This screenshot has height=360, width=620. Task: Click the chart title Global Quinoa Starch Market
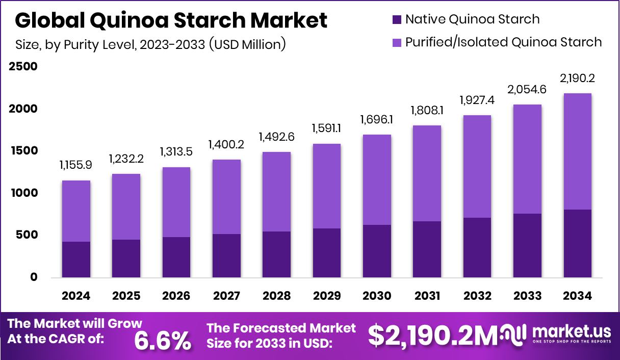coord(171,21)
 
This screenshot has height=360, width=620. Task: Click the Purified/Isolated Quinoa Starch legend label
coord(503,42)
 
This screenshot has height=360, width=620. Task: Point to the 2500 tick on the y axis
coord(23,67)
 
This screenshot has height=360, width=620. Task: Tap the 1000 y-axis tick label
coord(23,193)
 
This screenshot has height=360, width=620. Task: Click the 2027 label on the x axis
coord(226,296)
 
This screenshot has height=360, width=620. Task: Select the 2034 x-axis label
coord(577,296)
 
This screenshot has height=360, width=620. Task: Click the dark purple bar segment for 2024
coord(76,260)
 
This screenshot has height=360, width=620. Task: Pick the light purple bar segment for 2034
coord(577,151)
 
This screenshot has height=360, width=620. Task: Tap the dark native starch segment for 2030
coord(377,251)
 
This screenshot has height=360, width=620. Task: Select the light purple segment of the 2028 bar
coord(277,192)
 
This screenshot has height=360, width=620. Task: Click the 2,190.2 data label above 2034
coord(577,79)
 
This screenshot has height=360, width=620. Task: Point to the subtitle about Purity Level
coord(150,44)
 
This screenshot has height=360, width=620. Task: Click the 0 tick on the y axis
coord(34,277)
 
